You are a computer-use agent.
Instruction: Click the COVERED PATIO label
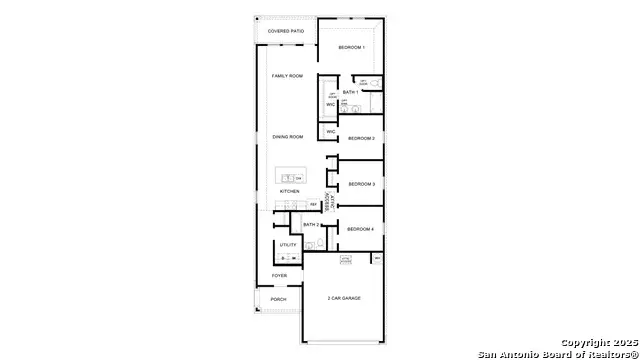click(286, 31)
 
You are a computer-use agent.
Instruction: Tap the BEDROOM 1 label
click(351, 48)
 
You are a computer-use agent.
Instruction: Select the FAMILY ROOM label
click(287, 76)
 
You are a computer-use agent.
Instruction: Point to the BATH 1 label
click(350, 92)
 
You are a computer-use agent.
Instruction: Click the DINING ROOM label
click(288, 137)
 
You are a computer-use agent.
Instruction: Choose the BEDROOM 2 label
click(361, 138)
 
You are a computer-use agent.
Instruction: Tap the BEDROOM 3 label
click(361, 184)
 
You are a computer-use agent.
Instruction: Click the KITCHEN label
click(289, 191)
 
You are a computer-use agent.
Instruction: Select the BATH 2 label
click(310, 225)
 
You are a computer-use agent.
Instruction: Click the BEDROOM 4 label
click(360, 229)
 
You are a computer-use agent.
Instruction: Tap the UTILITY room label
click(288, 245)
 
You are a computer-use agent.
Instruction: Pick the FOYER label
click(279, 276)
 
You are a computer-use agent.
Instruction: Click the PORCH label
click(279, 299)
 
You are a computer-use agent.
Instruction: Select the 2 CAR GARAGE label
click(343, 298)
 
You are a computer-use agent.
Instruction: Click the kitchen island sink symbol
click(286, 177)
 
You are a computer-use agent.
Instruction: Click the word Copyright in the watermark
click(585, 342)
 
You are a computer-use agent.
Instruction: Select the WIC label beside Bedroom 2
click(330, 131)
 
